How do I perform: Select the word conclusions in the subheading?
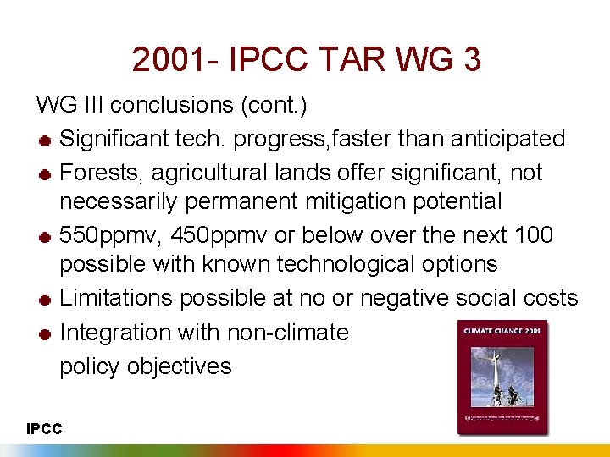point(174,105)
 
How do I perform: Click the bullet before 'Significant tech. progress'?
point(45,140)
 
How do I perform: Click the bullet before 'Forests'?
point(45,174)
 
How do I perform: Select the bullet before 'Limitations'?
point(45,300)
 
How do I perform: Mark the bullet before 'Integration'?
point(45,334)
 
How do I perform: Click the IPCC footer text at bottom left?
point(43,429)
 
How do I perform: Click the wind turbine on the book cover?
point(494,372)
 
